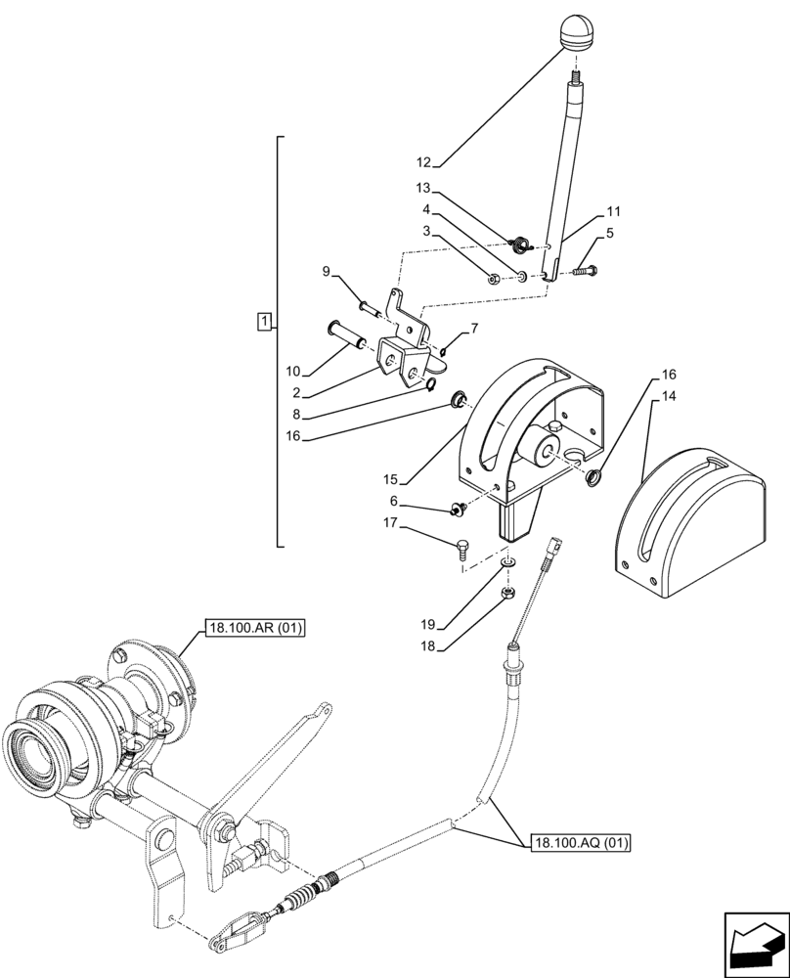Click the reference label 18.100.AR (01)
(255, 628)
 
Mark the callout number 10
(293, 372)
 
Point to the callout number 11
(613, 210)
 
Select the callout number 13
(421, 188)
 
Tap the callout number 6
(393, 501)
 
